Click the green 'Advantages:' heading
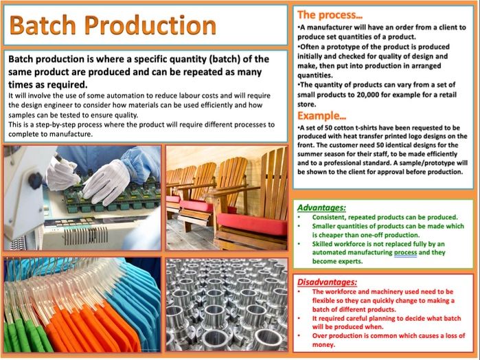(x=321, y=207)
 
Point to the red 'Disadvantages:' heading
(x=327, y=282)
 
